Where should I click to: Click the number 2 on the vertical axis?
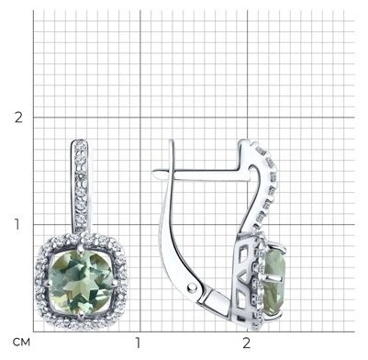click(18, 118)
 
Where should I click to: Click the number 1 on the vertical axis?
click(17, 224)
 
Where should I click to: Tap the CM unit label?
click(21, 342)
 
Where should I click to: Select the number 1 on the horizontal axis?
click(138, 343)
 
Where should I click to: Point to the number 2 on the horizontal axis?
click(246, 343)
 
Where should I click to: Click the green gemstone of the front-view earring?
click(81, 283)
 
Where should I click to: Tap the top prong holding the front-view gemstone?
click(81, 250)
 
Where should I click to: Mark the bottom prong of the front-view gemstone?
click(81, 315)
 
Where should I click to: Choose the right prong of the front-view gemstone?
click(115, 283)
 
